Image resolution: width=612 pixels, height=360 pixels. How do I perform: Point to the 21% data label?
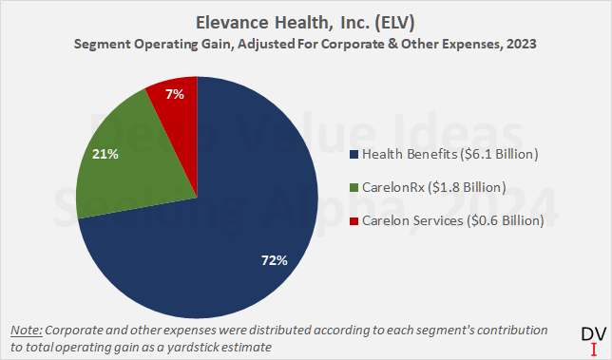tap(105, 153)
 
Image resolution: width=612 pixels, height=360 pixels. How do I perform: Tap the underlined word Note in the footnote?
tap(26, 330)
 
